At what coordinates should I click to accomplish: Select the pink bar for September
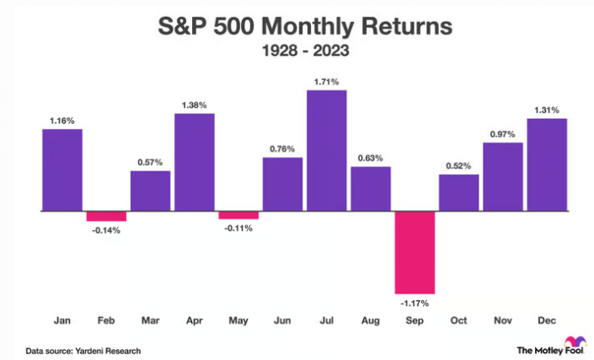point(415,251)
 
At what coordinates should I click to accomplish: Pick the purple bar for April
point(194,162)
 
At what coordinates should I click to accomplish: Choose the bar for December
point(547,164)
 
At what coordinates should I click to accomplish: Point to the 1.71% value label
point(326,81)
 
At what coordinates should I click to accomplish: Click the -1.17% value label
point(415,302)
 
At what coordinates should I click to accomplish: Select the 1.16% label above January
point(62,120)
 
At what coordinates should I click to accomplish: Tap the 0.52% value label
point(458,165)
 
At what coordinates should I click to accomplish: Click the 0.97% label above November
point(503,134)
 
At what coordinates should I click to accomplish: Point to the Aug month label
point(371,321)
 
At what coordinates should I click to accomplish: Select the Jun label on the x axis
point(282,321)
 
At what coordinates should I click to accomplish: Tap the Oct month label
point(458,321)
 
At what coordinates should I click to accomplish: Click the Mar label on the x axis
point(150,321)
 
